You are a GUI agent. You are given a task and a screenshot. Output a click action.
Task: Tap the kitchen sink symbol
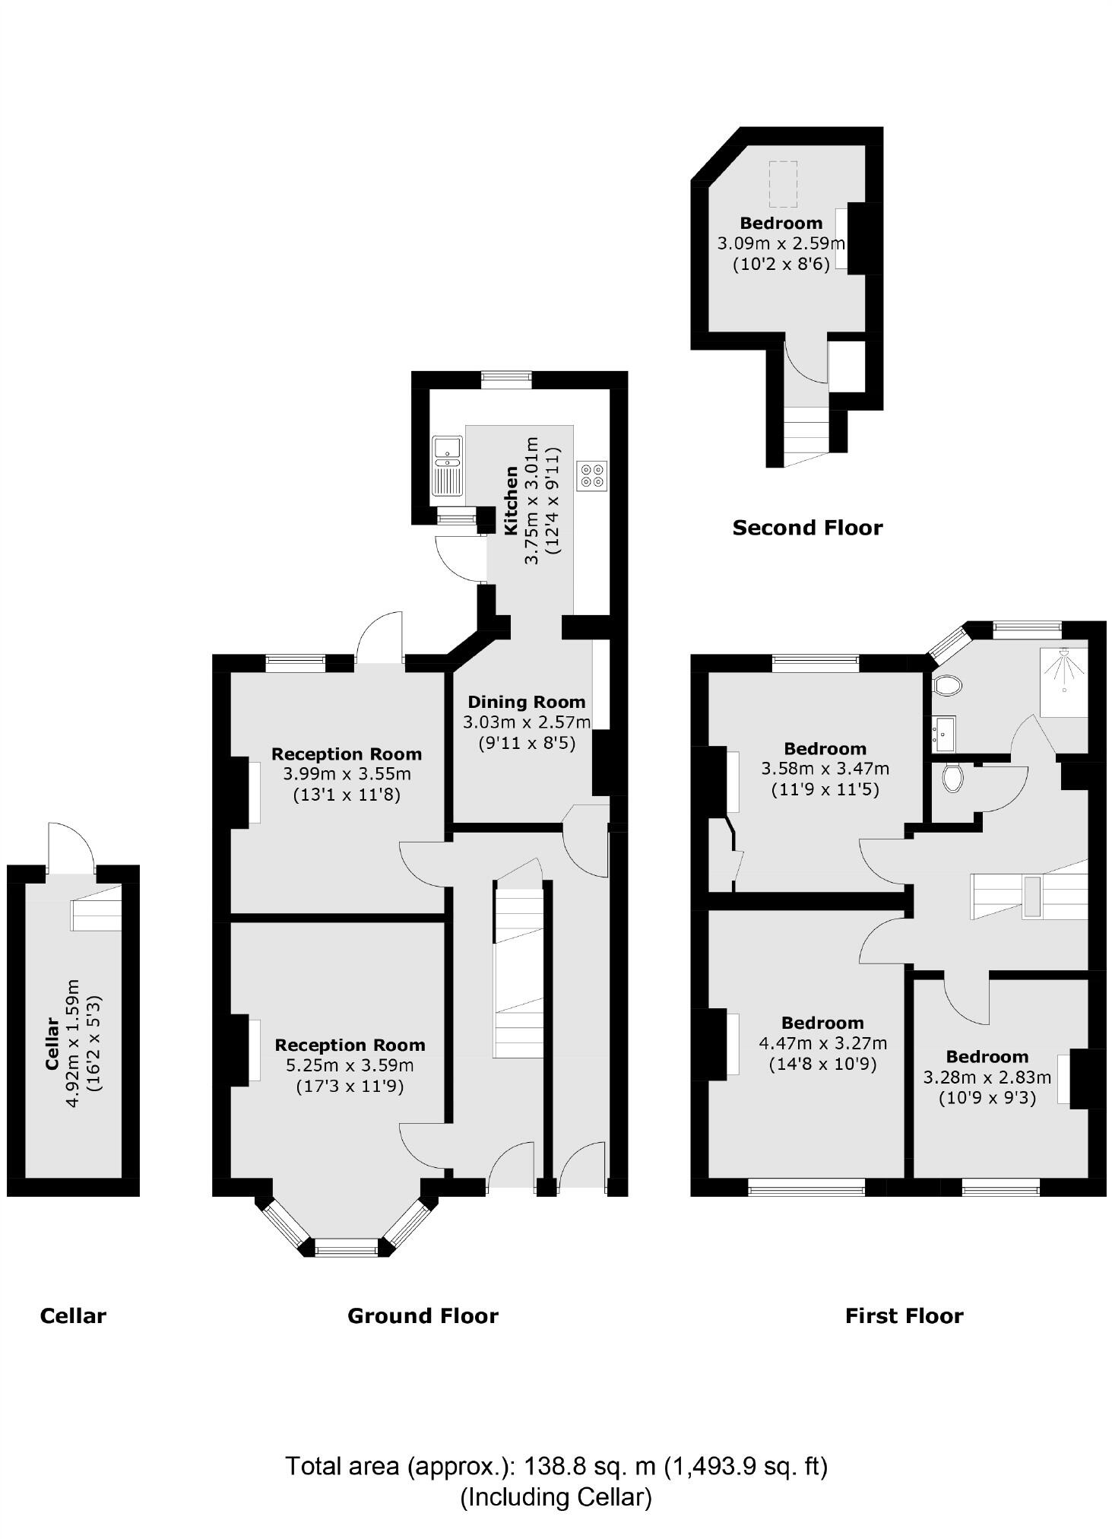point(447,465)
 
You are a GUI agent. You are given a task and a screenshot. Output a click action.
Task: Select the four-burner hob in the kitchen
point(592,475)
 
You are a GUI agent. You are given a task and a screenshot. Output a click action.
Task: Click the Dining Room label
point(526,702)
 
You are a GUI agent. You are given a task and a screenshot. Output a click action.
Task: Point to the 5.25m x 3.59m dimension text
point(350,1065)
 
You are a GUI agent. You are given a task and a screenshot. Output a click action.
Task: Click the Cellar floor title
point(73,1316)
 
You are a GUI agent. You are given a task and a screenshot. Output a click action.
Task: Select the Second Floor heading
point(807,528)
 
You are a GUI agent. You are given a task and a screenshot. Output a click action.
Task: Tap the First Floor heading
point(904,1316)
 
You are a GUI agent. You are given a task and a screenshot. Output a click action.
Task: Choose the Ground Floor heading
point(423,1316)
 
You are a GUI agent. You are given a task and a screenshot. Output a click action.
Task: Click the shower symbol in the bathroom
point(1063,670)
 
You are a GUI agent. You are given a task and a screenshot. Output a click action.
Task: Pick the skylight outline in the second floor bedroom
point(782,184)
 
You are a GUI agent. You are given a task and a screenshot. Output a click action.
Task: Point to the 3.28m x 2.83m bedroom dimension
point(987,1077)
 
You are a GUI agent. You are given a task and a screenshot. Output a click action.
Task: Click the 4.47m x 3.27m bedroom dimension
point(822,1043)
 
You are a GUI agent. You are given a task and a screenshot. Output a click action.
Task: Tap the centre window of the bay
point(346,1246)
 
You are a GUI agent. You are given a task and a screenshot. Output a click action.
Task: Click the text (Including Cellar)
point(556,1497)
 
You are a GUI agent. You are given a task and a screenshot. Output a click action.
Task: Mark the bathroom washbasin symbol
point(943,733)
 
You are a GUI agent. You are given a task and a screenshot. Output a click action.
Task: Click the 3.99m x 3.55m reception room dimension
point(347,774)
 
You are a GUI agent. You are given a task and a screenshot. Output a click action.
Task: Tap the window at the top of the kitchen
point(506,379)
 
